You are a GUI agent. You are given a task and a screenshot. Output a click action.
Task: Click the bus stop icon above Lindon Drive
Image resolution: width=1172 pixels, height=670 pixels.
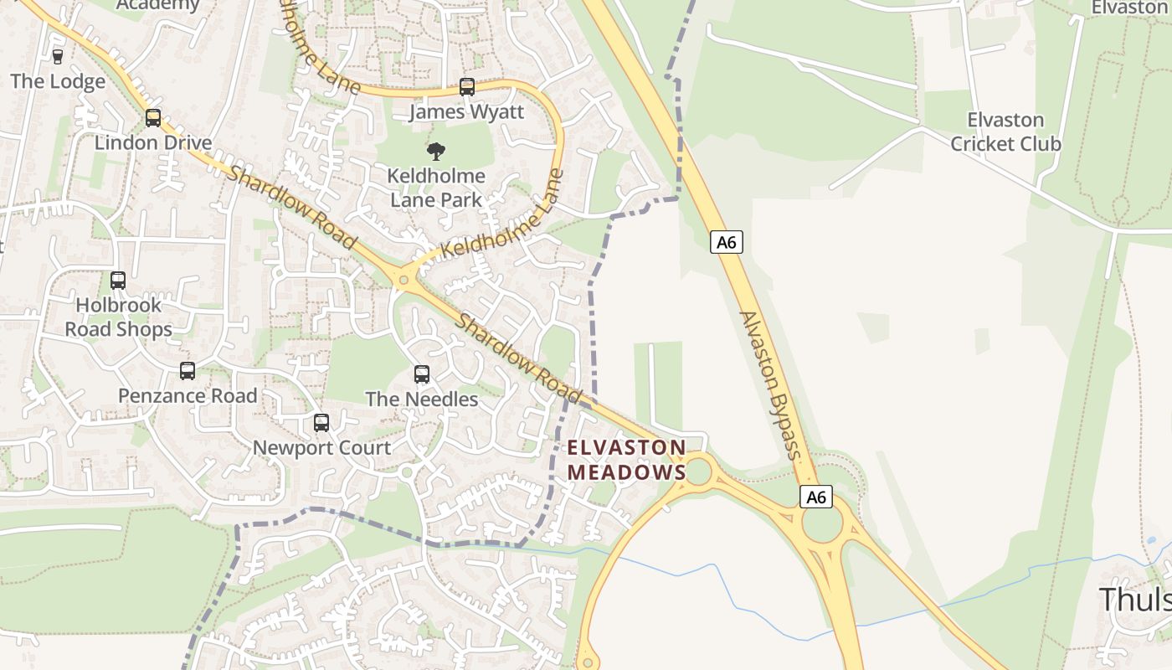pyautogui.click(x=152, y=118)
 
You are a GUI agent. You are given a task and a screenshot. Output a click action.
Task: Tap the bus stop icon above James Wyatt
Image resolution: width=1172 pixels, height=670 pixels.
pyautogui.click(x=467, y=86)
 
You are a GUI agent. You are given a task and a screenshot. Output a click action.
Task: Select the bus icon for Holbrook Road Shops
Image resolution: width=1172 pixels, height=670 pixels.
pyautogui.click(x=118, y=281)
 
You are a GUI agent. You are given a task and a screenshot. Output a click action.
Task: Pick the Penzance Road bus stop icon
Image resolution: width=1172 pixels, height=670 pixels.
pyautogui.click(x=188, y=370)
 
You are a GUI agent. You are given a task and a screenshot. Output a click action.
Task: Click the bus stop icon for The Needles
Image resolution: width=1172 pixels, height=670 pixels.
pyautogui.click(x=422, y=374)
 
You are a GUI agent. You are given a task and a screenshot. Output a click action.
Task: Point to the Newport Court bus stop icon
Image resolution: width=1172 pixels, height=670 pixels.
pyautogui.click(x=321, y=423)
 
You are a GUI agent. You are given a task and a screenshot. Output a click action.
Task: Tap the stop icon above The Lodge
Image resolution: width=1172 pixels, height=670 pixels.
pyautogui.click(x=58, y=56)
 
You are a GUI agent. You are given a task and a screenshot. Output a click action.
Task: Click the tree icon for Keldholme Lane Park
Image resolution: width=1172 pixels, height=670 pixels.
pyautogui.click(x=435, y=152)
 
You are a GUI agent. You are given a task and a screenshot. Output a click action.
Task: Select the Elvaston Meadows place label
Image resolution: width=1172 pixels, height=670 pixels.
pyautogui.click(x=626, y=460)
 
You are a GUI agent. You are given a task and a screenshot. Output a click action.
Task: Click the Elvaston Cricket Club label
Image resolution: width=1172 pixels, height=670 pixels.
pyautogui.click(x=1005, y=131)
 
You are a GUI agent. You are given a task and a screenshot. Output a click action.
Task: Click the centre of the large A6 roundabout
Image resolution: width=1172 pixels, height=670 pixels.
pyautogui.click(x=823, y=524)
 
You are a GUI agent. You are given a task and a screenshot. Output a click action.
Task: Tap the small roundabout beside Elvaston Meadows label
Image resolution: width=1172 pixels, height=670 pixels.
pyautogui.click(x=697, y=472)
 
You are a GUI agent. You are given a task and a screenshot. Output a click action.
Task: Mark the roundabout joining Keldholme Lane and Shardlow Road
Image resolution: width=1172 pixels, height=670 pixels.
pyautogui.click(x=404, y=281)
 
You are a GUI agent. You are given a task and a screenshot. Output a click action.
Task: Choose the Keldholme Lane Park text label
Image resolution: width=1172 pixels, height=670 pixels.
pyautogui.click(x=436, y=188)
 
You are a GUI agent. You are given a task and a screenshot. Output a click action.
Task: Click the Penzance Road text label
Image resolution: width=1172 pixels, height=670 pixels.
pyautogui.click(x=188, y=395)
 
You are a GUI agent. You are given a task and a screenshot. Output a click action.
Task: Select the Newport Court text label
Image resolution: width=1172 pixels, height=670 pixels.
pyautogui.click(x=321, y=447)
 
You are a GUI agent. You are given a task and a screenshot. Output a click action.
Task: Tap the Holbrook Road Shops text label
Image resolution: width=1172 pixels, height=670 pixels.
pyautogui.click(x=119, y=317)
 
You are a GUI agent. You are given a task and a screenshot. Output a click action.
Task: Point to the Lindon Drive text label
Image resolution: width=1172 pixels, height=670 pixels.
pyautogui.click(x=153, y=142)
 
